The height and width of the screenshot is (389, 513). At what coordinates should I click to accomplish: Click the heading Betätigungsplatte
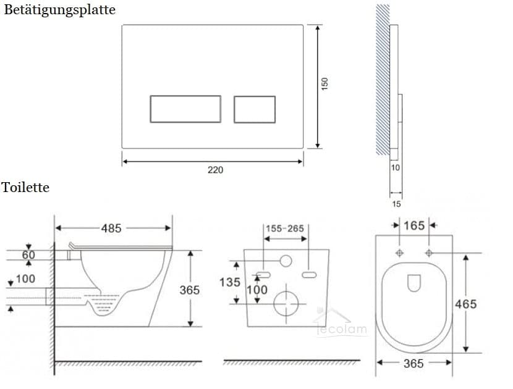pos(59,10)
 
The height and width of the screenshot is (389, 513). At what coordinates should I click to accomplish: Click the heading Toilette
pos(25,187)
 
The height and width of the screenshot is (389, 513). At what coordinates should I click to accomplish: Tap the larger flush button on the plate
pos(185,109)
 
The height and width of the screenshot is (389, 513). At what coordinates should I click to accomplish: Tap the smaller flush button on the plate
pos(254,109)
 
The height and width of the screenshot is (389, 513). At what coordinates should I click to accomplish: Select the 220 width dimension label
pos(214,170)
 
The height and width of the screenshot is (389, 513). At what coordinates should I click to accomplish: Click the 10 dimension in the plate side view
pos(395,167)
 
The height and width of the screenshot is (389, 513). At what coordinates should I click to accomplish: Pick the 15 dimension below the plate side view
pos(396,203)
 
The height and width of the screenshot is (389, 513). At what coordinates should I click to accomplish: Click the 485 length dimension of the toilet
pos(111,228)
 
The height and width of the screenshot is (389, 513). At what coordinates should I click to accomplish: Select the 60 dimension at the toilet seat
pos(28,255)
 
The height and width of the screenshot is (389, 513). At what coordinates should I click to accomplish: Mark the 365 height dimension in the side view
pos(190,290)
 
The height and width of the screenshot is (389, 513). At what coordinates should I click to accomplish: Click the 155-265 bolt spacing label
pos(285,228)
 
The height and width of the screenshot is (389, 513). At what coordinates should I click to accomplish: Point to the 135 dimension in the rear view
pos(229,283)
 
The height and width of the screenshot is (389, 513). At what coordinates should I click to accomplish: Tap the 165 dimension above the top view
pos(414,225)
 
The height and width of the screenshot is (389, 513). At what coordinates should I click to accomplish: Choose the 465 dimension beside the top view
pos(465,304)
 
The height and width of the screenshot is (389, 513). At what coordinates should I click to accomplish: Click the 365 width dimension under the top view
pos(413,364)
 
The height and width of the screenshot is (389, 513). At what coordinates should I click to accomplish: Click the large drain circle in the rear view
pos(286,303)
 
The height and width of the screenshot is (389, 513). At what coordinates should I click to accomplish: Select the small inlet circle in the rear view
pos(285,261)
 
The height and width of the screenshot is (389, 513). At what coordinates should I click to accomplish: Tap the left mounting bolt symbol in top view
pos(399,253)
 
